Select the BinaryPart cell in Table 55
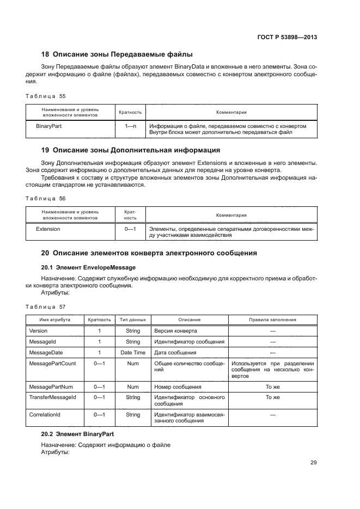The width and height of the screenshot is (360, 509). click(x=48, y=126)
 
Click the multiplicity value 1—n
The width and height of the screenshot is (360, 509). click(x=130, y=126)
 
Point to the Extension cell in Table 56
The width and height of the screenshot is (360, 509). click(x=48, y=229)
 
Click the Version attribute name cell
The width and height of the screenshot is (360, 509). click(x=38, y=331)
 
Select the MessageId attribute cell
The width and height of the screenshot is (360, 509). click(x=42, y=342)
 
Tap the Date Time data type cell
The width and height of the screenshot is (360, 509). click(x=133, y=353)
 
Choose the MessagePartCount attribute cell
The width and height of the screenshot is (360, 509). click(x=52, y=363)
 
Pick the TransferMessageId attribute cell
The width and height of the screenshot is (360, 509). click(x=52, y=397)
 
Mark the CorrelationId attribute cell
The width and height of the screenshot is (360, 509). click(x=45, y=415)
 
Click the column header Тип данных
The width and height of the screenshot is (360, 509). click(x=133, y=320)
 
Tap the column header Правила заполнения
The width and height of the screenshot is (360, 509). click(x=272, y=320)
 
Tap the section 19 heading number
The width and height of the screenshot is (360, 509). click(x=46, y=150)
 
